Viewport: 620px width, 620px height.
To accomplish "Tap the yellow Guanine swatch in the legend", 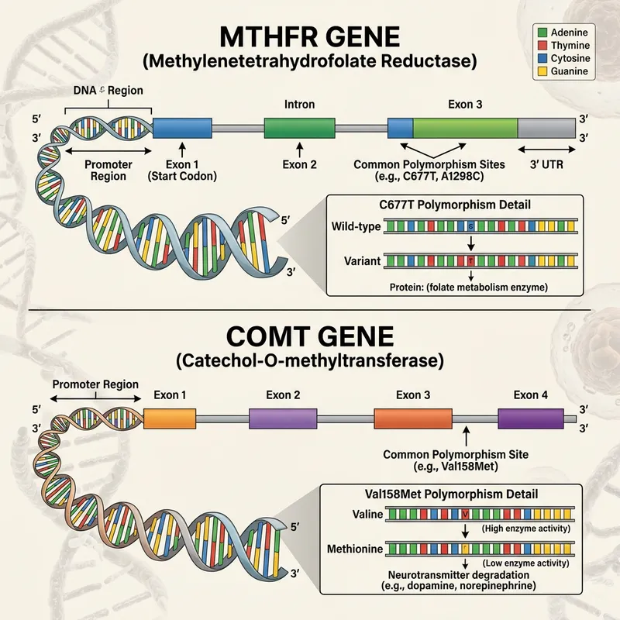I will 543,71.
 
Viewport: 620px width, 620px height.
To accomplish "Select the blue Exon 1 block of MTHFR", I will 182,128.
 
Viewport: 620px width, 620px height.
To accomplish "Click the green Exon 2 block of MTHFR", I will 299,128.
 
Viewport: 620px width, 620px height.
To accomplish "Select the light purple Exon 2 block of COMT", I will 283,418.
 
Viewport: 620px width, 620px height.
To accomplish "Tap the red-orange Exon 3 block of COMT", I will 412,418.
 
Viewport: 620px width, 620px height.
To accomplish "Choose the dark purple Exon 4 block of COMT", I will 531,418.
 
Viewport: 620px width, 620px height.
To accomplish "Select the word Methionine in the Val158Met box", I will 354,548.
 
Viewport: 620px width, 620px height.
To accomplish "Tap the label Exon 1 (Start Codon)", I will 182,170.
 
